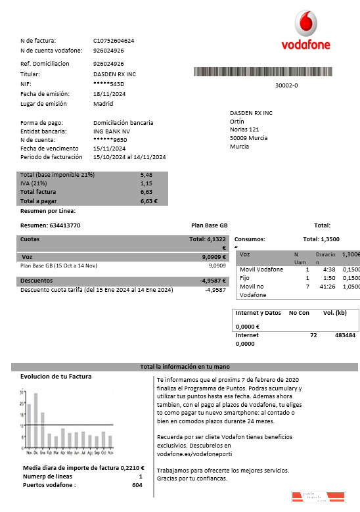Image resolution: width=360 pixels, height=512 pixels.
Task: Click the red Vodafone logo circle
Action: [305, 25]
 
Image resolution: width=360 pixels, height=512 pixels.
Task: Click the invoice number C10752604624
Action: [114, 41]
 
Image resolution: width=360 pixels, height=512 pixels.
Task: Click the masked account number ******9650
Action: [110, 140]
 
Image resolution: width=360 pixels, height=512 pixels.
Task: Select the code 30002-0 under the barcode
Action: [286, 85]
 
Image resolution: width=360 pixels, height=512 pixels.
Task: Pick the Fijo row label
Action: [245, 278]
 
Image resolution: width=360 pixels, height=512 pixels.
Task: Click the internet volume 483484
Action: [345, 335]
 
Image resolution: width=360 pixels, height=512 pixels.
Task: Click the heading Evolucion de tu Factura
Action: [56, 377]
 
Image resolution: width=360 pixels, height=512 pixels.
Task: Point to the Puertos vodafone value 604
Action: [137, 485]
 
